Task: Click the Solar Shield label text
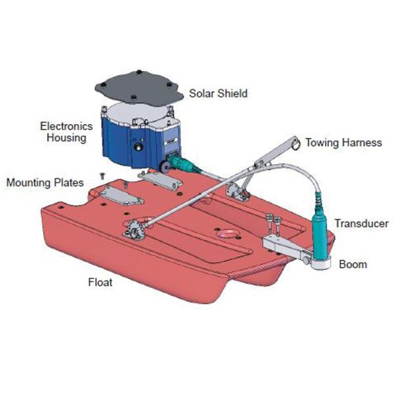pyautogui.click(x=218, y=93)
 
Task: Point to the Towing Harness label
pyautogui.click(x=343, y=142)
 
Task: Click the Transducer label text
pyautogui.click(x=361, y=223)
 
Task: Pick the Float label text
pyautogui.click(x=100, y=283)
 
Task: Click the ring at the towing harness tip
pyautogui.click(x=295, y=142)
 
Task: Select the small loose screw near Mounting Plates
pyautogui.click(x=102, y=175)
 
